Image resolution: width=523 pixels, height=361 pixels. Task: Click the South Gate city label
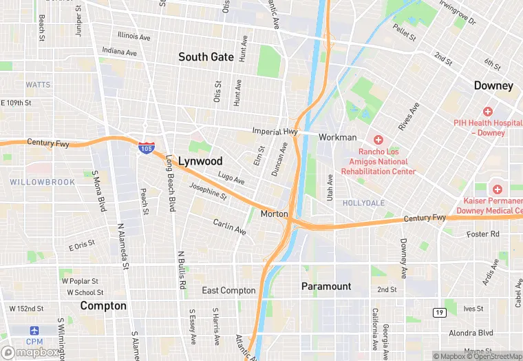point(206,57)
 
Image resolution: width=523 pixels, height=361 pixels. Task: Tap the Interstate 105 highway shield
point(145,147)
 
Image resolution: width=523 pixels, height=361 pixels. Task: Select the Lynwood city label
point(199,161)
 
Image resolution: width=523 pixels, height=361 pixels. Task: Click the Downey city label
point(493,85)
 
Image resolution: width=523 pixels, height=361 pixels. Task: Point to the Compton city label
point(103,305)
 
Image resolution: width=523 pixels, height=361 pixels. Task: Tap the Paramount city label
point(326,286)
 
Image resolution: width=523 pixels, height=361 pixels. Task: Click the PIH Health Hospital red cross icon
point(488,111)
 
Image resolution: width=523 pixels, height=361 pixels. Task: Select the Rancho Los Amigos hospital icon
point(378,140)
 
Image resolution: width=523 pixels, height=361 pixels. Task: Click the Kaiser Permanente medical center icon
point(495,189)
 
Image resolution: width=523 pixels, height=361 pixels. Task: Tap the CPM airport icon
point(34,331)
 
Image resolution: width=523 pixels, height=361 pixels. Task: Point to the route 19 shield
point(438,312)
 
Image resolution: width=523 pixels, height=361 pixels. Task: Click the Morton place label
point(274,214)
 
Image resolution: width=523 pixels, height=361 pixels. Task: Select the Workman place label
point(337,138)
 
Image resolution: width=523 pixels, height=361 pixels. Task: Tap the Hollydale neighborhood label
point(363,203)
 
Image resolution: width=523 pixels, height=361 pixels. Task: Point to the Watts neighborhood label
point(38,85)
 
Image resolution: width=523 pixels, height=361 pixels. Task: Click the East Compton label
point(228,291)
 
